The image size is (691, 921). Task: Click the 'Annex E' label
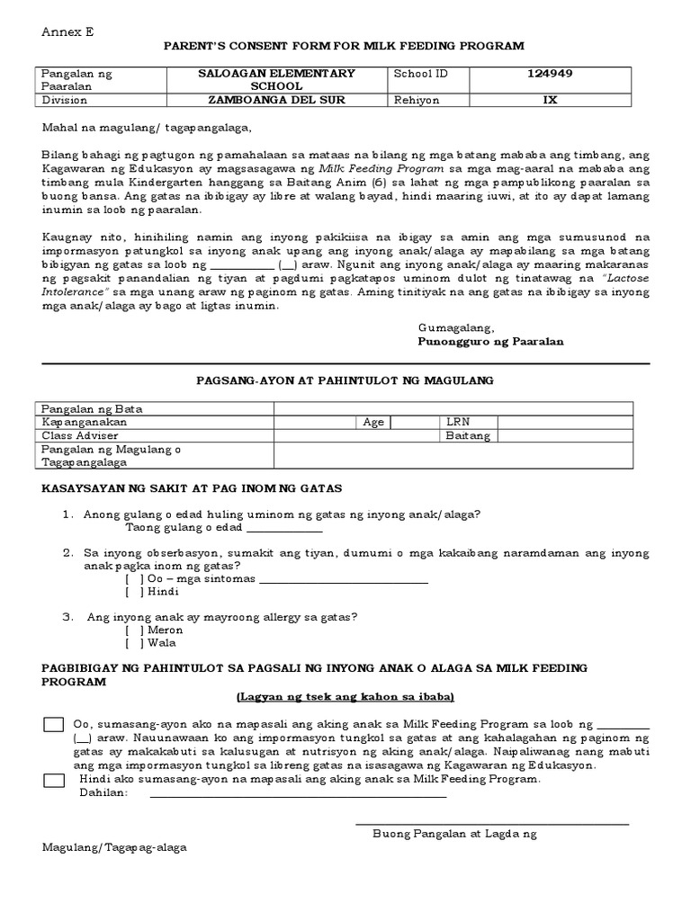coord(67,31)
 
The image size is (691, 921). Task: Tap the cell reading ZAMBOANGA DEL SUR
coord(276,100)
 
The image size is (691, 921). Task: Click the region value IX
coord(550,100)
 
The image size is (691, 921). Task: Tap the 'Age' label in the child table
coord(373,422)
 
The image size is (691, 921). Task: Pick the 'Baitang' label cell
coord(468,435)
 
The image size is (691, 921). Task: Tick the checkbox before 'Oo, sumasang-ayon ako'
coord(54,725)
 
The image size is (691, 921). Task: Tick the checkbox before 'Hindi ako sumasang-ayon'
coord(54,780)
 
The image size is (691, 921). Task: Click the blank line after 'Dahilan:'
coord(298,794)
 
